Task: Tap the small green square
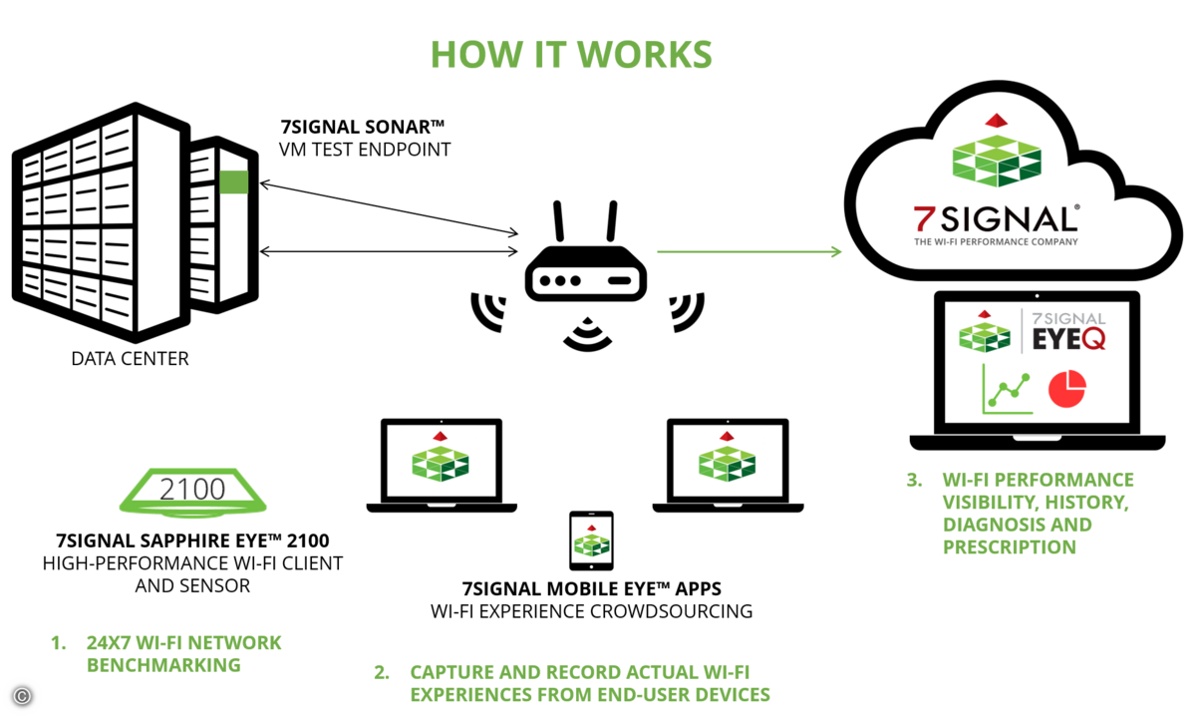[x=233, y=182]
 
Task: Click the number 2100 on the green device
[x=192, y=490]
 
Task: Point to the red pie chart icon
[x=1066, y=389]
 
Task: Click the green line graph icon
[x=1008, y=389]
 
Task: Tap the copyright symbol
[x=22, y=696]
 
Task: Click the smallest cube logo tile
[x=592, y=540]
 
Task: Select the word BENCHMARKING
[x=163, y=664]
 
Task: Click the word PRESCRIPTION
[x=1010, y=547]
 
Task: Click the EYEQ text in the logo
[x=1068, y=339]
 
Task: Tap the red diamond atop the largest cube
[x=996, y=120]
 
